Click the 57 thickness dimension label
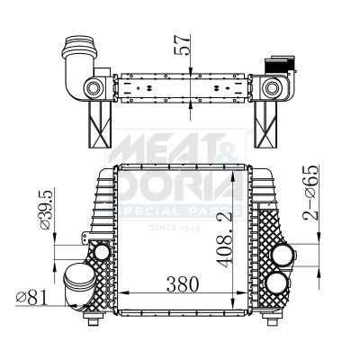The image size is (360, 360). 182,45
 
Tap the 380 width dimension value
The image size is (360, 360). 183,284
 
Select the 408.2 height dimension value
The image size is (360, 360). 225,239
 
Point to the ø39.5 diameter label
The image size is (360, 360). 46,209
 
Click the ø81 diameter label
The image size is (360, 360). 32,298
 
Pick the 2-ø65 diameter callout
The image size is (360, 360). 310,193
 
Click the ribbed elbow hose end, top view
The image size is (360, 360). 79,48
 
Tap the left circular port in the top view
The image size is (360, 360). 94,88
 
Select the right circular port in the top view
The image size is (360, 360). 272,88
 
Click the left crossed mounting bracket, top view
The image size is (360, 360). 100,124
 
